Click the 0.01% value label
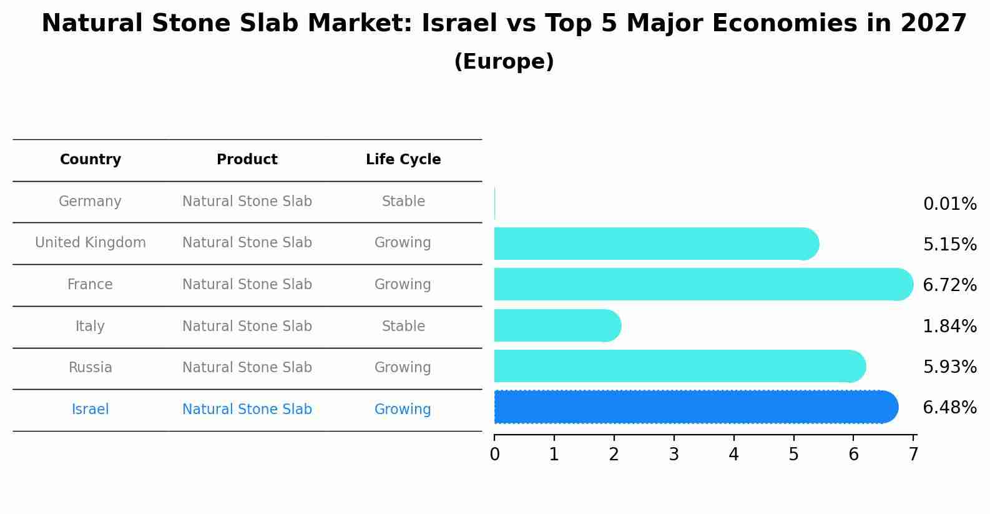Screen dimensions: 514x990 tap(949, 204)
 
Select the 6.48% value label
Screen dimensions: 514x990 tap(949, 408)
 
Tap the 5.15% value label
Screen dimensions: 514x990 tap(949, 245)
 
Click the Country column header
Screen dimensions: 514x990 tap(91, 160)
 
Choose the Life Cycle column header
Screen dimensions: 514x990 tap(403, 160)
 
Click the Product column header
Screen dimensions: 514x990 tap(247, 160)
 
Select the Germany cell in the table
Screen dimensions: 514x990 tap(91, 202)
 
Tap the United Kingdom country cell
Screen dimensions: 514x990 tap(91, 243)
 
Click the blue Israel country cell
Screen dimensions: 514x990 tap(91, 410)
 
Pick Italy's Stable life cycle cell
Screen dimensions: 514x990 tap(403, 327)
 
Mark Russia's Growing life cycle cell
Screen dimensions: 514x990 tap(403, 368)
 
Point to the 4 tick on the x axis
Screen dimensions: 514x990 tap(733, 454)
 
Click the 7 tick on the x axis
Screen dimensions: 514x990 tap(913, 454)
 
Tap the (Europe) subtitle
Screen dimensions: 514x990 tap(504, 62)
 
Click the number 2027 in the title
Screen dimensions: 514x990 tap(933, 24)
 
